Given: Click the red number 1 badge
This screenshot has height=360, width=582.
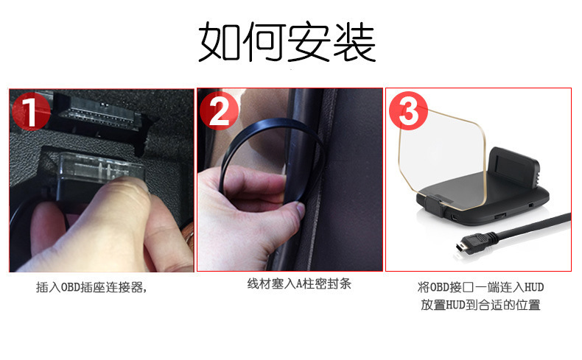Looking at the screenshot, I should tap(31, 111).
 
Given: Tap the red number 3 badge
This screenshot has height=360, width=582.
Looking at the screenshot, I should tap(408, 112).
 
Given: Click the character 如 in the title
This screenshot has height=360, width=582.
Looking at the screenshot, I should tap(220, 42).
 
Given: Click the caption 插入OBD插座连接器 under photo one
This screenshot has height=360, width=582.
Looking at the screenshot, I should tap(91, 287).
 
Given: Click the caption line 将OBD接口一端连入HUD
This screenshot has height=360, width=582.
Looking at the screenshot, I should tap(480, 286).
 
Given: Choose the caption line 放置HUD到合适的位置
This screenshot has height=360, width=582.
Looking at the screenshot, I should tap(480, 304).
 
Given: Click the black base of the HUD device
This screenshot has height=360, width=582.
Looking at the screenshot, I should tap(486, 210).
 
